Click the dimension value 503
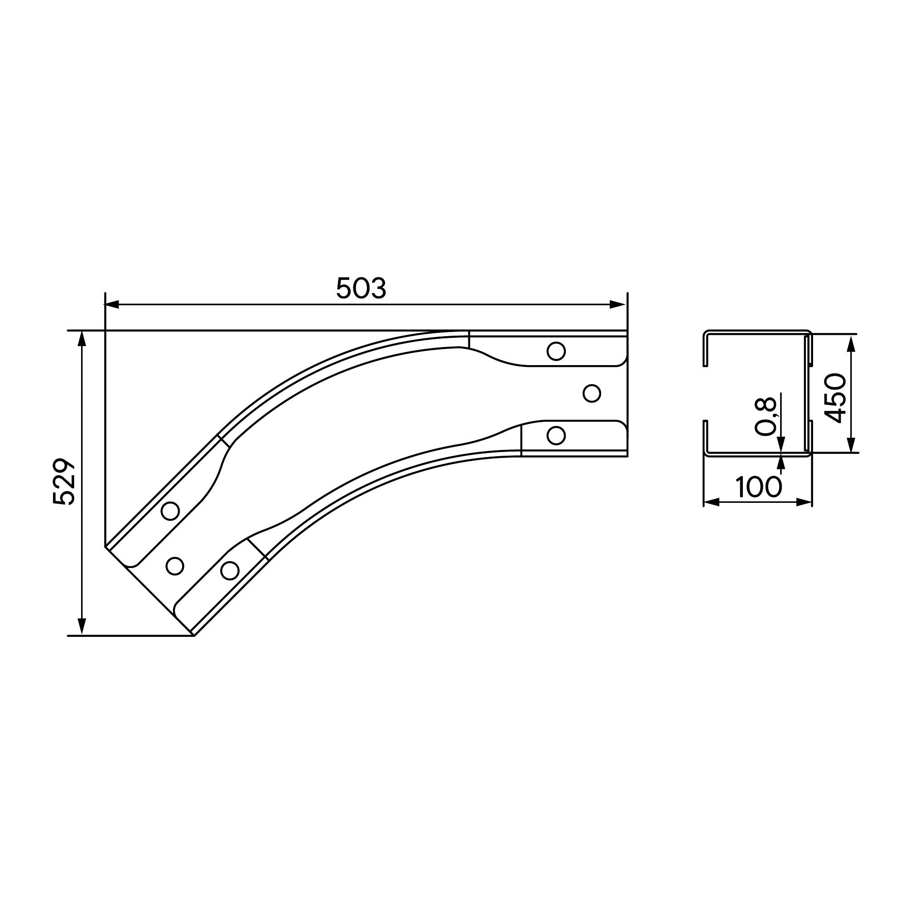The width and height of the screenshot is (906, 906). click(x=361, y=288)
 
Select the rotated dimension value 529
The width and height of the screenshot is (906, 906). click(x=64, y=482)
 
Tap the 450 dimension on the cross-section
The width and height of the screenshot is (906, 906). click(x=835, y=398)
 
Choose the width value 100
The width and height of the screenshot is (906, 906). click(x=759, y=487)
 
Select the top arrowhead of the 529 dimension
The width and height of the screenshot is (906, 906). click(x=82, y=339)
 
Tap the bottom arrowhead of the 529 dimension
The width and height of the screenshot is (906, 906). click(x=82, y=627)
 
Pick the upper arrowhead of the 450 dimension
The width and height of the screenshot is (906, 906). click(x=852, y=342)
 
